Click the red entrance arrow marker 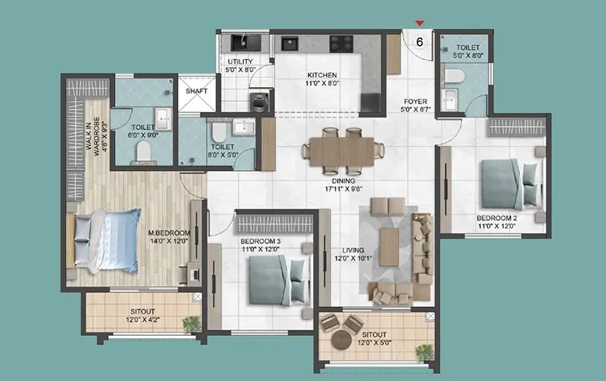click(x=420, y=23)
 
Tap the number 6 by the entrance click(x=420, y=42)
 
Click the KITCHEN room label click(x=322, y=75)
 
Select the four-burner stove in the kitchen click(x=341, y=44)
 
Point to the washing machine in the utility click(x=259, y=103)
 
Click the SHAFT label click(x=197, y=91)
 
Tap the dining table click(x=342, y=152)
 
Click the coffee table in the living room click(x=389, y=247)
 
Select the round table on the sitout click(x=342, y=341)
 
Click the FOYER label click(x=416, y=102)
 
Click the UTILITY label click(x=240, y=61)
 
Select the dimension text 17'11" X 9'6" click(x=343, y=189)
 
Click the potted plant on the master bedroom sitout click(x=192, y=324)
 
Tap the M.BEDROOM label click(x=169, y=232)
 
